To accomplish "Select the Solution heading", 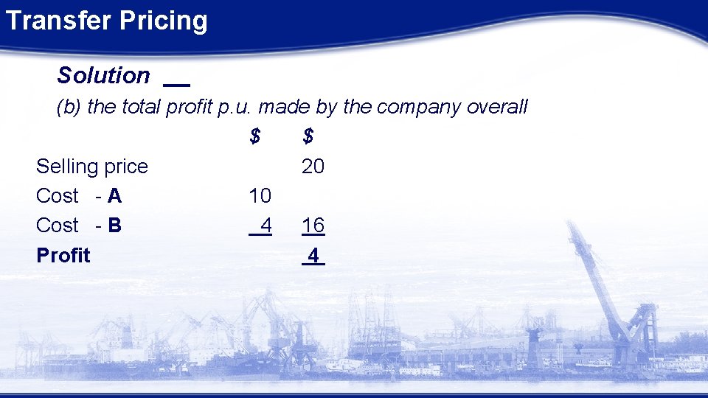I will [103, 75].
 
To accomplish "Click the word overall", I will [498, 107].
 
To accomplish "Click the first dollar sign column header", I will [254, 136].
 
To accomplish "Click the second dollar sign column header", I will [308, 136].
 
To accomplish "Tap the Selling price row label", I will [92, 167].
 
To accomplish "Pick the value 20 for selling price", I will [313, 167].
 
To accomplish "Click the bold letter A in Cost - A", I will [114, 196].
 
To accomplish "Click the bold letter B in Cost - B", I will [114, 226].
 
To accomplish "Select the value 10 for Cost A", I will [260, 196].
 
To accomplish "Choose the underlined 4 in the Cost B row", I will [265, 226].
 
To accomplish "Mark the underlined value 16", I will [313, 226].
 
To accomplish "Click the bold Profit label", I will [63, 256].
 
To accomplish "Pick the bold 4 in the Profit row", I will [313, 256].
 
